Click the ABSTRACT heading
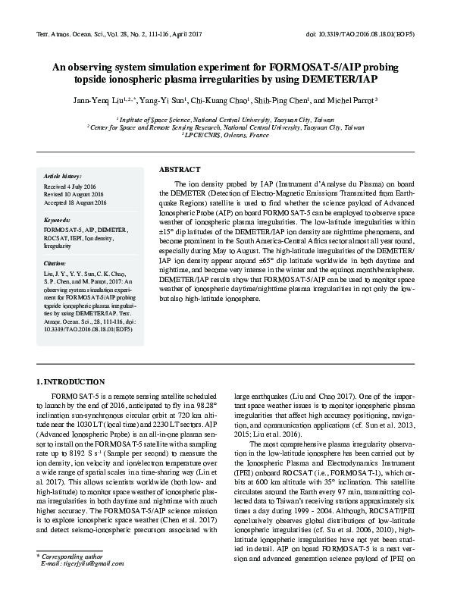tap(180, 169)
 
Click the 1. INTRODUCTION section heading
tap(71, 381)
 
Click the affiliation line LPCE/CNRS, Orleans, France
tap(225, 135)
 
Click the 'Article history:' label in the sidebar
tap(63, 174)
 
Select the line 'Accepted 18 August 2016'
tap(76, 202)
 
